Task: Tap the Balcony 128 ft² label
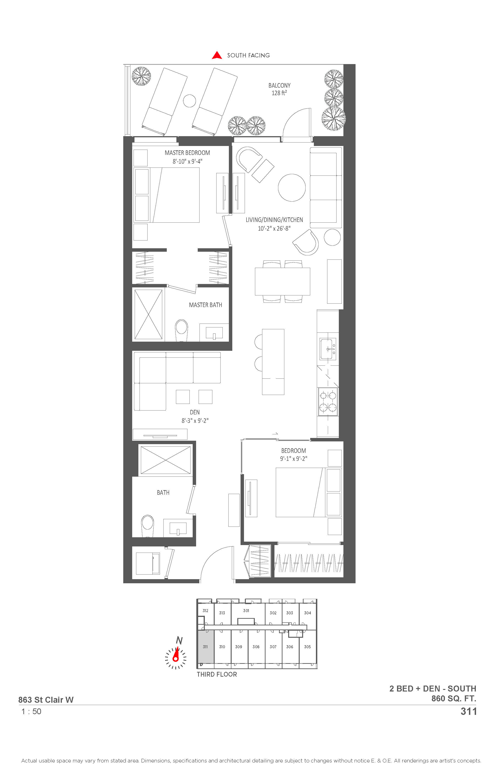[x=279, y=89]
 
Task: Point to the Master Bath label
[x=205, y=305]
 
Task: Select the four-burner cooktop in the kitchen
[x=328, y=402]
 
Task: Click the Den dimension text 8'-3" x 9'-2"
[x=195, y=421]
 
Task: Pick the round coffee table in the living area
[x=292, y=188]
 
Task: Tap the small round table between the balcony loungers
[x=189, y=101]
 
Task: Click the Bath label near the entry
[x=163, y=493]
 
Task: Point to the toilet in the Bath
[x=148, y=526]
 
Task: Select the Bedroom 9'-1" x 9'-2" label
[x=293, y=455]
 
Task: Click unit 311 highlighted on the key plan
[x=205, y=647]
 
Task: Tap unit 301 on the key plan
[x=246, y=611]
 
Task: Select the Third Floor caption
[x=217, y=674]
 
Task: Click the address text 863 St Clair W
[x=46, y=700]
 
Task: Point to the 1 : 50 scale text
[x=31, y=712]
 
